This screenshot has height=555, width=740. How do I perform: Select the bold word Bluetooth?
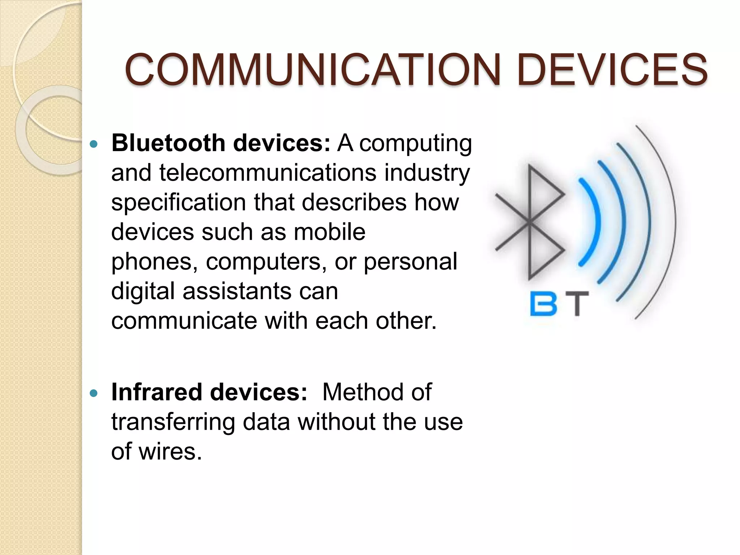coord(168,143)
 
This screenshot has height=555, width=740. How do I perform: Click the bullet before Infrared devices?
coord(94,393)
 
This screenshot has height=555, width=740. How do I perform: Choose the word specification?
coord(178,202)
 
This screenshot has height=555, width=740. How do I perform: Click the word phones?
coord(155,262)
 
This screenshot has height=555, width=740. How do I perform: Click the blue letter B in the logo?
coord(543,304)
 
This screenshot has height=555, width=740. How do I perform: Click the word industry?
coord(427,173)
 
